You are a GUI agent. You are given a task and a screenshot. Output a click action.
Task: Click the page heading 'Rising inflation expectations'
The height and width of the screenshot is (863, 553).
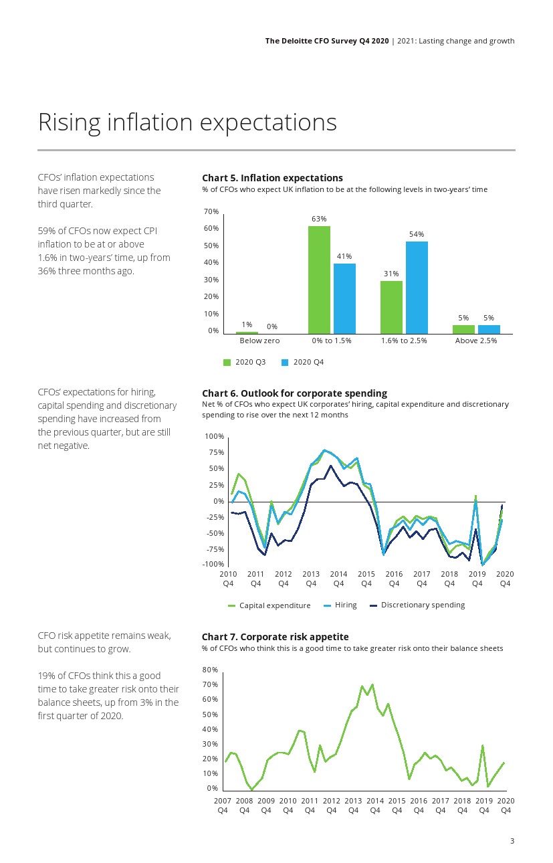pyautogui.click(x=187, y=122)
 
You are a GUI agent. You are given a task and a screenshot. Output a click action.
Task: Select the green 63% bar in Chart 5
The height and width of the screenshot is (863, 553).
pyautogui.click(x=319, y=280)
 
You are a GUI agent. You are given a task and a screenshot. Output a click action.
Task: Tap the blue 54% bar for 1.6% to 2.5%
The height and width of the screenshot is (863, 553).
pyautogui.click(x=417, y=287)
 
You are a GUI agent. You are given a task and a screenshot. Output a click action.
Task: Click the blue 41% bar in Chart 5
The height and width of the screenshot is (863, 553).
pyautogui.click(x=344, y=298)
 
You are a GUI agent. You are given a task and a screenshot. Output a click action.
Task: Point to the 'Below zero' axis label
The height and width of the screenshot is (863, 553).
pyautogui.click(x=259, y=341)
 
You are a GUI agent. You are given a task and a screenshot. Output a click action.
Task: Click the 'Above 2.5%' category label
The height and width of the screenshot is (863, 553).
pyautogui.click(x=476, y=341)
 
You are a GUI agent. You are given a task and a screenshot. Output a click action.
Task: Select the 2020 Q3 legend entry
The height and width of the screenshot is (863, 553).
pyautogui.click(x=245, y=363)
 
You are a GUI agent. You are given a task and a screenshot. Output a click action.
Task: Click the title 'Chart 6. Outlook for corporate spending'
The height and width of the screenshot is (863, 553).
pyautogui.click(x=294, y=393)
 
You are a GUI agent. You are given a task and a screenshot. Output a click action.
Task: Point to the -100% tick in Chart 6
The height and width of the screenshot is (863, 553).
pyautogui.click(x=214, y=565)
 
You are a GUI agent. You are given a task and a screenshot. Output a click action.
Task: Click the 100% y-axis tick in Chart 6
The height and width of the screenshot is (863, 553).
pyautogui.click(x=215, y=437)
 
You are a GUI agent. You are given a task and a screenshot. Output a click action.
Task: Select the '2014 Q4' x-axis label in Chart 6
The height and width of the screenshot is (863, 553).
pyautogui.click(x=338, y=579)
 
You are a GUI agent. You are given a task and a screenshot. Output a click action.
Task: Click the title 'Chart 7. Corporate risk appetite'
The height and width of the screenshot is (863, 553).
pyautogui.click(x=275, y=637)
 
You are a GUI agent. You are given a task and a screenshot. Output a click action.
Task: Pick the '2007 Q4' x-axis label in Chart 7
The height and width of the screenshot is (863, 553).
pyautogui.click(x=223, y=805)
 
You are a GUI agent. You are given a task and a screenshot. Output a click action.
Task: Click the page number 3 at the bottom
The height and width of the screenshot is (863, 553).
pyautogui.click(x=512, y=842)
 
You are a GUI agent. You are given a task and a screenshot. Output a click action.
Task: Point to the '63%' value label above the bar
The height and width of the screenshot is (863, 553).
pyautogui.click(x=319, y=219)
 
